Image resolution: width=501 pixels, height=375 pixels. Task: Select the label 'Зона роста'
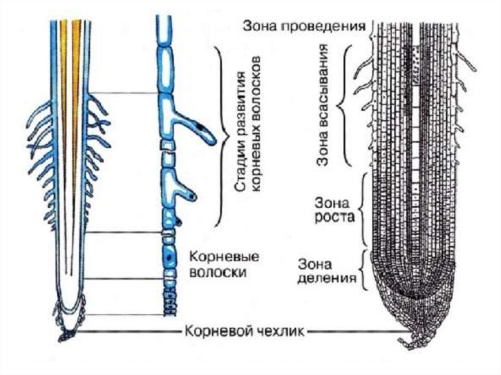[x=335, y=208]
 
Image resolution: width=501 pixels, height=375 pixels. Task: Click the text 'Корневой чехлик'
[x=245, y=332]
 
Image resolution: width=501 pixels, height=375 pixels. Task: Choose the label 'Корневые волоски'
[x=216, y=264]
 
